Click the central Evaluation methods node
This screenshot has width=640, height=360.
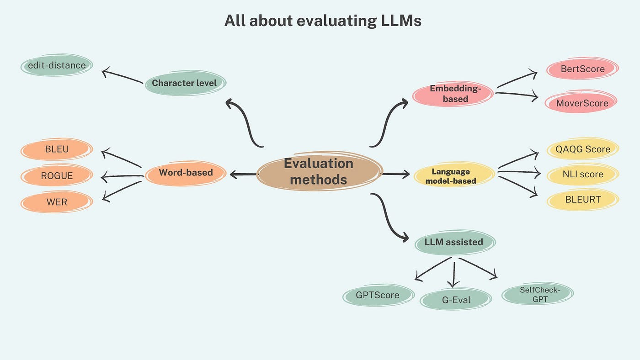319,171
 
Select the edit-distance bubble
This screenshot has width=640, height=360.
57,65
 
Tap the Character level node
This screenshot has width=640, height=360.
184,83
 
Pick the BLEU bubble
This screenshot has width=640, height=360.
57,149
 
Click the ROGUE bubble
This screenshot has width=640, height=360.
57,175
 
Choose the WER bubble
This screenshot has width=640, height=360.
57,201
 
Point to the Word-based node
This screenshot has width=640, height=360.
186,173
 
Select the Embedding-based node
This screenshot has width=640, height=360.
453,94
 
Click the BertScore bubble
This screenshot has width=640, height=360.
582,69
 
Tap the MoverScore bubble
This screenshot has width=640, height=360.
582,103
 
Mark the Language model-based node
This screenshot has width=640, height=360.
454,176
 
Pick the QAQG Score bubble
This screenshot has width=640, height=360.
582,149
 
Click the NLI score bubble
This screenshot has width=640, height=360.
582,174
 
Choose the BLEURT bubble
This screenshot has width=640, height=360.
582,199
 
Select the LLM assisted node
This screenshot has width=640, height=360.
454,242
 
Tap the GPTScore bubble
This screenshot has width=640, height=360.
378,295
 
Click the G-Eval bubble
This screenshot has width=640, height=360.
456,300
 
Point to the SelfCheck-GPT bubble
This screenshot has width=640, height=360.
537,295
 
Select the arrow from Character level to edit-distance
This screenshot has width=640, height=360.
123,76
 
